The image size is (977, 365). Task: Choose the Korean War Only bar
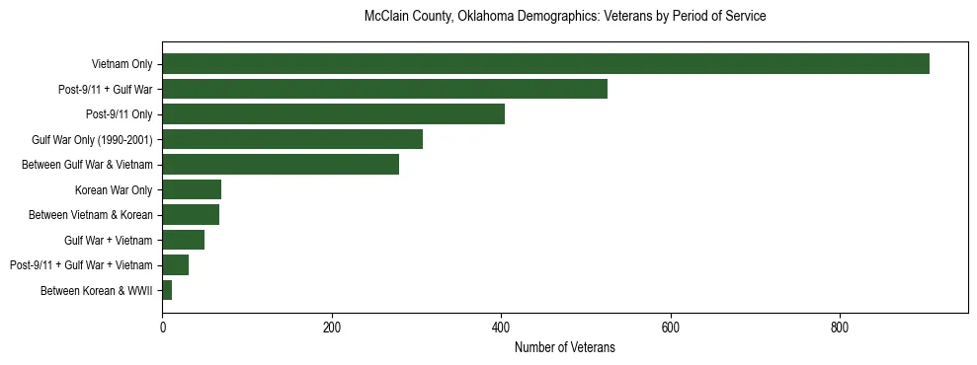192,189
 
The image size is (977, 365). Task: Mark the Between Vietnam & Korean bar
191,214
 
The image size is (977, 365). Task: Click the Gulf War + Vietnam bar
183,240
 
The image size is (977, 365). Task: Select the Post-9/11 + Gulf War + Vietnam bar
175,264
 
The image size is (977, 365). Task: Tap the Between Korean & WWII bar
167,290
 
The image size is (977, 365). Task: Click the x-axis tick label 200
332,328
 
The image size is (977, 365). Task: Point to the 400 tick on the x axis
501,328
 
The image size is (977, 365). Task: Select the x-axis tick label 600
671,328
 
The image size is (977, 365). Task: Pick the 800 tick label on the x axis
840,328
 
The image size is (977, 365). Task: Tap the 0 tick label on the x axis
162,328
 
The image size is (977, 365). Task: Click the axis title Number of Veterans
565,347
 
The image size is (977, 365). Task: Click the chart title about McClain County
565,17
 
